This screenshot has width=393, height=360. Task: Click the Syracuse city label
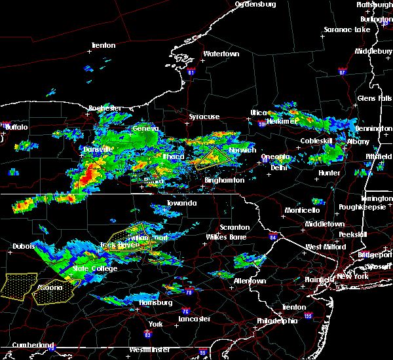click(204, 117)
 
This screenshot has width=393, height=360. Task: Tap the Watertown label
click(221, 54)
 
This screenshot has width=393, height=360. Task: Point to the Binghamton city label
click(225, 180)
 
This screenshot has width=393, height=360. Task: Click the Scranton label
click(234, 210)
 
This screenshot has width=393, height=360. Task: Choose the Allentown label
click(250, 281)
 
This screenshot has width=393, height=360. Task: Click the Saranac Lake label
click(348, 30)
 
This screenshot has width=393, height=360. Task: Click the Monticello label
click(302, 210)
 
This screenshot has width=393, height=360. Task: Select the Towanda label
click(181, 204)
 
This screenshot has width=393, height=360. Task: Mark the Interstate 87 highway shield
click(342, 71)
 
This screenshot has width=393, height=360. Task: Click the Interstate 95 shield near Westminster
click(203, 352)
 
